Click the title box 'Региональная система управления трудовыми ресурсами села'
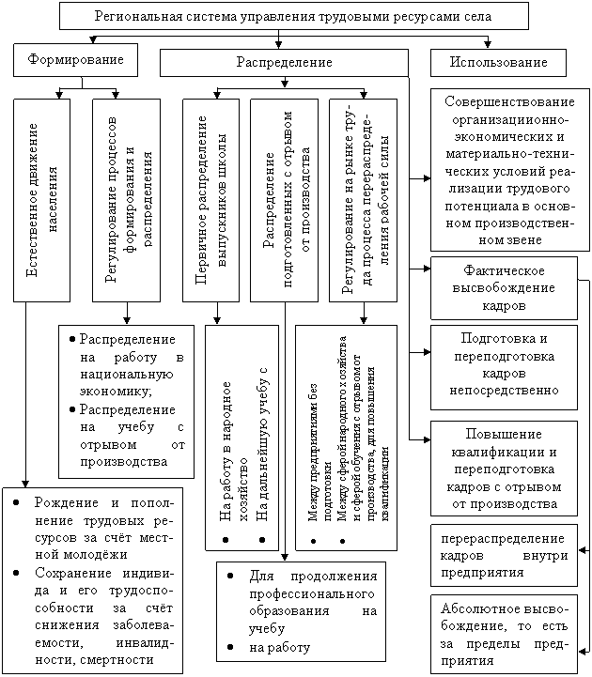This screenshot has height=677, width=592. pyautogui.click(x=294, y=16)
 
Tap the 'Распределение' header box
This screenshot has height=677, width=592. pyautogui.click(x=284, y=62)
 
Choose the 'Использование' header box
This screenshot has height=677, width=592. pyautogui.click(x=497, y=62)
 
